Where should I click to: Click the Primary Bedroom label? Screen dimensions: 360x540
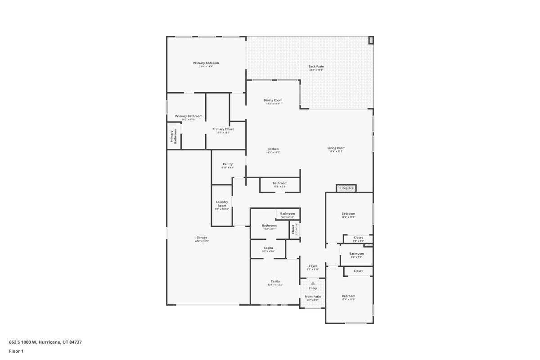tap(206, 63)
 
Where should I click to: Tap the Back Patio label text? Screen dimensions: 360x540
tap(316, 67)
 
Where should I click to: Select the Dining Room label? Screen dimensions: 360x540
tap(273, 100)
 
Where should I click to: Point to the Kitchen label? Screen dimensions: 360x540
tap(273, 149)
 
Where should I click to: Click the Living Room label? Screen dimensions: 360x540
tap(336, 148)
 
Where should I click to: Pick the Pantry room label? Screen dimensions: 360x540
tap(228, 164)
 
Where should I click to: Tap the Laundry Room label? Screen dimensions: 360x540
tap(222, 204)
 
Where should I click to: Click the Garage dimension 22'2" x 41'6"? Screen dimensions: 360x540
tap(202, 241)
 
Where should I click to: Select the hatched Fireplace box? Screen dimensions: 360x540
tap(346, 188)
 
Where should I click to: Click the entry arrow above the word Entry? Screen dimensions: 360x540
tap(313, 283)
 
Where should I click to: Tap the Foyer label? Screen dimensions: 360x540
tap(313, 266)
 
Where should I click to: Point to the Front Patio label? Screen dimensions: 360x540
tap(313, 297)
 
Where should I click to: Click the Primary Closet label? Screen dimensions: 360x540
tap(223, 129)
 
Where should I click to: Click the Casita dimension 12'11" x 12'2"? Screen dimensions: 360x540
tap(275, 284)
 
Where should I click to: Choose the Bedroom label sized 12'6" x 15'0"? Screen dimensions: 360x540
tap(348, 296)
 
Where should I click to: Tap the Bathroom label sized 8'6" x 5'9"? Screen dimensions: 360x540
tap(356, 254)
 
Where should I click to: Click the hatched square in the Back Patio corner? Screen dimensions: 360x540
tap(371, 40)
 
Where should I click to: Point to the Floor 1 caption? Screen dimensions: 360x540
tap(16, 351)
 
